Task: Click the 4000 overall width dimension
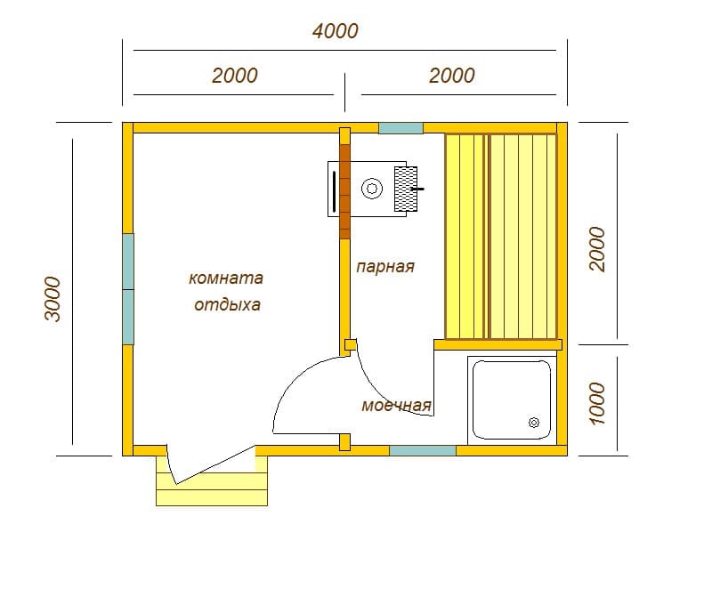(x=336, y=31)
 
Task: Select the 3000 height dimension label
(x=53, y=299)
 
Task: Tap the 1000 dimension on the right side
(x=597, y=403)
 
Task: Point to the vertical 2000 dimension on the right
(x=597, y=249)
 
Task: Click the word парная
(x=385, y=266)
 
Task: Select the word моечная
(x=396, y=405)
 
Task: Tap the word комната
(x=226, y=278)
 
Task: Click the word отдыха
(x=227, y=304)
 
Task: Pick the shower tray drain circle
(x=534, y=423)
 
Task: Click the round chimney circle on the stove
(x=372, y=189)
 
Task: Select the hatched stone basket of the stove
(x=406, y=189)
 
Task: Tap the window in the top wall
(x=401, y=128)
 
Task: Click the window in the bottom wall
(x=423, y=450)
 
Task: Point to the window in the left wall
(x=128, y=289)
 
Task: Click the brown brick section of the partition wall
(x=345, y=191)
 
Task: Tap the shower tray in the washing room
(x=512, y=399)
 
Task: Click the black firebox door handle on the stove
(x=335, y=191)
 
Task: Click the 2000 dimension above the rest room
(x=235, y=76)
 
